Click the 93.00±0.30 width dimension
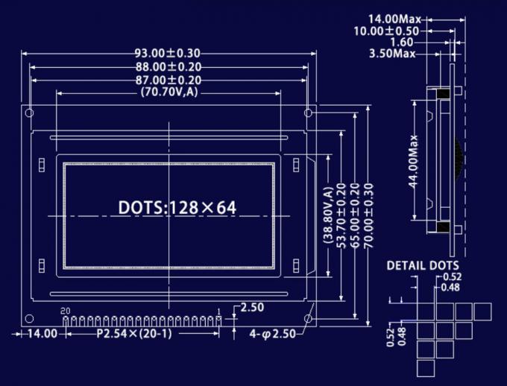168,54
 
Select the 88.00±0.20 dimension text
168,67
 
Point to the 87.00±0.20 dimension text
168,80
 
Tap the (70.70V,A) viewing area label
169,92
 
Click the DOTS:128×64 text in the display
177,207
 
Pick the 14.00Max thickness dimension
394,18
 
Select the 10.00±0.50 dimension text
387,31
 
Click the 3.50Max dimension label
392,54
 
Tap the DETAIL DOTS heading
423,265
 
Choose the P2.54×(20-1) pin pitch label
135,334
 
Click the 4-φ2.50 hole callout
274,335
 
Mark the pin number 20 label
65,310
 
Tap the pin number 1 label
218,310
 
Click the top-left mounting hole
30,113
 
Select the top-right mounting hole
308,113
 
